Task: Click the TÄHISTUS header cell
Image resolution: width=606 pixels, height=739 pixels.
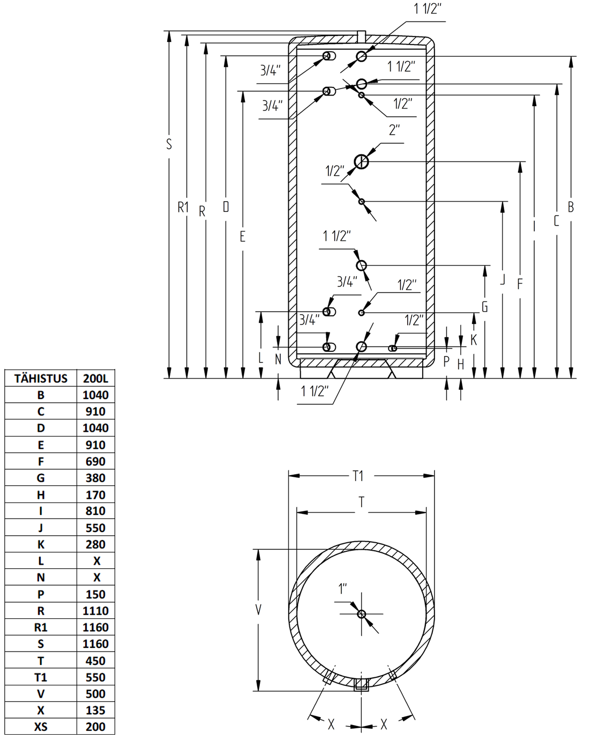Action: [41, 379]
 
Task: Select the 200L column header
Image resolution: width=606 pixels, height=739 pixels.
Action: [95, 379]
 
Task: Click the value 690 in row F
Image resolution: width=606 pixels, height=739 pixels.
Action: [95, 462]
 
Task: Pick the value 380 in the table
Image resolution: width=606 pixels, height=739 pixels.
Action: [95, 478]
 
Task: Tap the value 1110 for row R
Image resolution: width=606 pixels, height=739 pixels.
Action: [95, 611]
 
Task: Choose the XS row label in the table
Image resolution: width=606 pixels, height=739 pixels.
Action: [41, 727]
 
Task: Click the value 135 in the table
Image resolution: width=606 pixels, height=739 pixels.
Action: [95, 710]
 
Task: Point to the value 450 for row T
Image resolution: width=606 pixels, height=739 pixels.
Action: [95, 661]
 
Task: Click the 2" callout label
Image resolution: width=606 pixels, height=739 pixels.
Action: [394, 130]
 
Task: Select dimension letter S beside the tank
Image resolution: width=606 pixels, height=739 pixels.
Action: [169, 144]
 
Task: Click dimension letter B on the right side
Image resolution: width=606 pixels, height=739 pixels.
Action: [571, 207]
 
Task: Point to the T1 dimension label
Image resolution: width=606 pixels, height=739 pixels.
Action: [358, 476]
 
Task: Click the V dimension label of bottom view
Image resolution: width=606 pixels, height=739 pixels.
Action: [258, 610]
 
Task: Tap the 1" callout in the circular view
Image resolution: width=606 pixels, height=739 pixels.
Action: [342, 589]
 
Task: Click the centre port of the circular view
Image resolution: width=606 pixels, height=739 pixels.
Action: [362, 614]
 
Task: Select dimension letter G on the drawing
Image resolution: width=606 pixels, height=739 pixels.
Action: [485, 307]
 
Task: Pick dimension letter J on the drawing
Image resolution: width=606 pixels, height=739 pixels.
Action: [503, 279]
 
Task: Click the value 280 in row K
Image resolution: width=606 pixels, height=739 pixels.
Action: [95, 544]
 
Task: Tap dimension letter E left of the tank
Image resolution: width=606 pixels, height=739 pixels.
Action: [243, 237]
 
